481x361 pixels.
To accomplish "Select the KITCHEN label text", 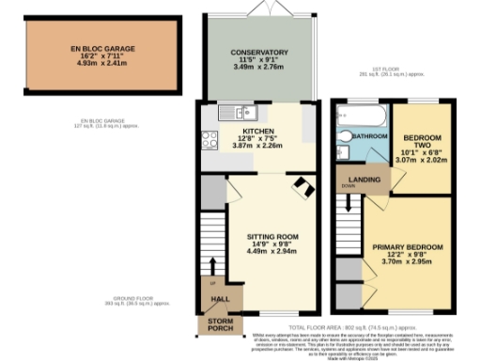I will tap(257, 132).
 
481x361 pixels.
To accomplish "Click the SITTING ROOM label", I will tap(272, 237).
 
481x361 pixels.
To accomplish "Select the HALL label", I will tap(222, 299).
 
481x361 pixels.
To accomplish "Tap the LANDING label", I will tap(363, 180).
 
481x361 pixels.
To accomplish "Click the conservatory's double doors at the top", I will tap(259, 10).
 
